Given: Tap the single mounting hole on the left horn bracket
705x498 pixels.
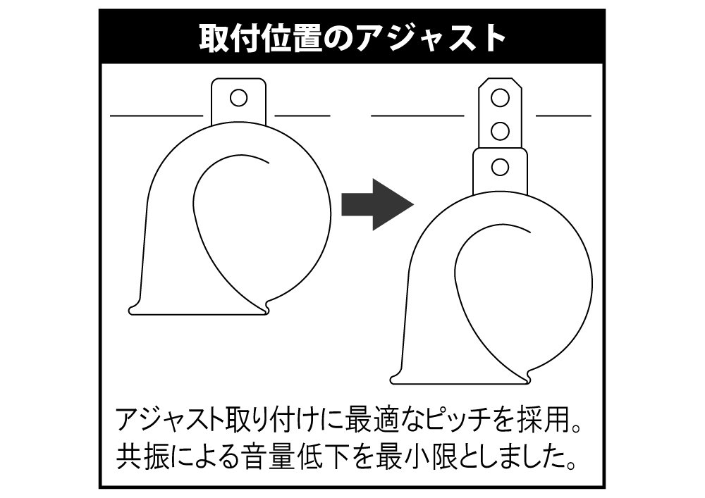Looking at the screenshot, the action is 238,97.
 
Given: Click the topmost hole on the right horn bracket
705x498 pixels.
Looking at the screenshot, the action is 500,97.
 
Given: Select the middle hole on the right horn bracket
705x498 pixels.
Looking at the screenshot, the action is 500,131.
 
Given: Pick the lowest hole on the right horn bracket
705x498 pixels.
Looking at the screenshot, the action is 500,167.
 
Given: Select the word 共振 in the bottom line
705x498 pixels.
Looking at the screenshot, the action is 145,456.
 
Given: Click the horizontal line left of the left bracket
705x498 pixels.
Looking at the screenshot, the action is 157,116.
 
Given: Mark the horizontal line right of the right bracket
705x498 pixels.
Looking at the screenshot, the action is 563,116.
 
